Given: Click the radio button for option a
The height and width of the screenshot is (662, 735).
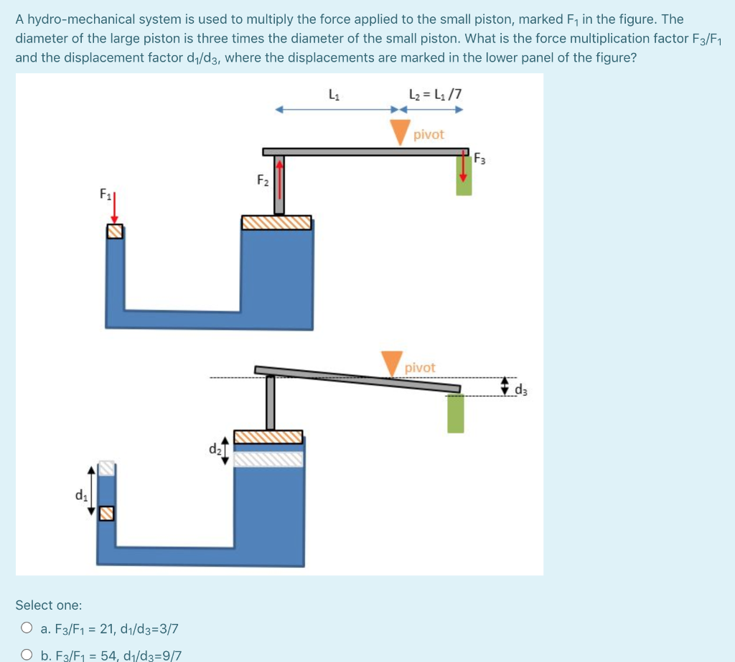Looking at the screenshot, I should point(27,629).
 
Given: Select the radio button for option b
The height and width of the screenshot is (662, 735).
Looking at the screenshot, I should point(27,655).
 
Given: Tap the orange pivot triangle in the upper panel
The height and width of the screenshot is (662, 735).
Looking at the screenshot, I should point(400,132).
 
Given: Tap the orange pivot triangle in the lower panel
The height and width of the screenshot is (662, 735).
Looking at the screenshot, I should point(392,363).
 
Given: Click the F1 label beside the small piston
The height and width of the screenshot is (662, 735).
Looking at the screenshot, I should point(105,194).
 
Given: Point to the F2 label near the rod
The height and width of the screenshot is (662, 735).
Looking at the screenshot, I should point(263,180).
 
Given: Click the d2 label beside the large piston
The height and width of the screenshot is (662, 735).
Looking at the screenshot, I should point(215,450).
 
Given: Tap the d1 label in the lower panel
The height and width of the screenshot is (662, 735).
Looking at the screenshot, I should point(80,494).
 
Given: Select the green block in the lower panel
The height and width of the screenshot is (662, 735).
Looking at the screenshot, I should point(456,413).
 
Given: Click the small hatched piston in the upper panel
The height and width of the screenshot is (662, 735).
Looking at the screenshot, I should point(115,232).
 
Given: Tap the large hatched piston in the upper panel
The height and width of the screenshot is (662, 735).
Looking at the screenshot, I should point(276,222).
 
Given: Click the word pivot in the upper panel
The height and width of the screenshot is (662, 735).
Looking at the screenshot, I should point(429,135).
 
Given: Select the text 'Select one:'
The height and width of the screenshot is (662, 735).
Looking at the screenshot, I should point(49,605).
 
